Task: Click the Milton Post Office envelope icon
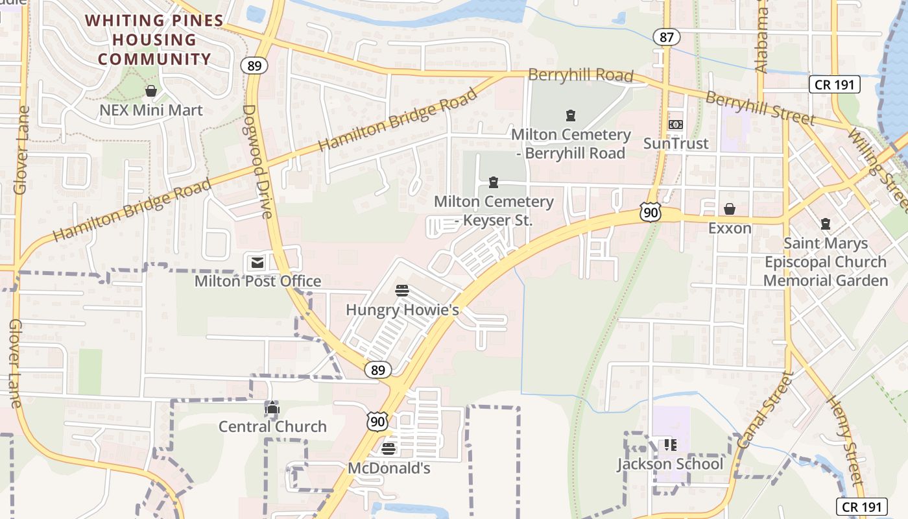(x=257, y=263)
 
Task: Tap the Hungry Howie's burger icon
(x=402, y=291)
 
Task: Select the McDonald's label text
(x=389, y=468)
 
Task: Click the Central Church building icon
(x=272, y=408)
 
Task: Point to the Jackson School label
(x=670, y=464)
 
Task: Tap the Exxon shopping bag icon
(x=730, y=209)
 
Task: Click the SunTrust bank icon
(x=676, y=124)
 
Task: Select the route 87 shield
(x=667, y=37)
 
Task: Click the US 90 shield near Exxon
(x=650, y=211)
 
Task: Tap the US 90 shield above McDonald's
(x=377, y=422)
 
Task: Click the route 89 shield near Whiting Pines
(x=254, y=65)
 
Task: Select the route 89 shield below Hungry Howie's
(x=378, y=370)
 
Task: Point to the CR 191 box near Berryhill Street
(x=835, y=84)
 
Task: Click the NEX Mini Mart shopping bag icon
(x=151, y=91)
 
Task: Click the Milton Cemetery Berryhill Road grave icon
(x=571, y=115)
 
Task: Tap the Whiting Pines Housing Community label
(x=154, y=40)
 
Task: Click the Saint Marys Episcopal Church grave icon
(x=826, y=224)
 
